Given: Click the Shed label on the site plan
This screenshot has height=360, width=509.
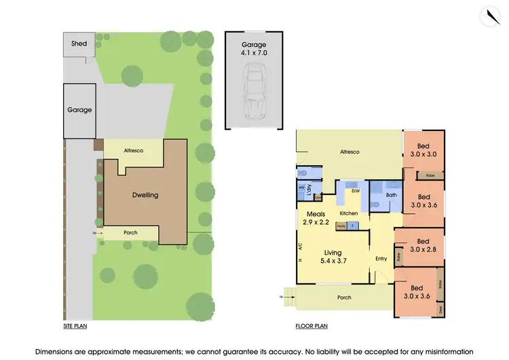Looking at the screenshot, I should click(79, 44).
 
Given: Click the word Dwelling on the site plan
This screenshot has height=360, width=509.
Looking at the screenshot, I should click(145, 195).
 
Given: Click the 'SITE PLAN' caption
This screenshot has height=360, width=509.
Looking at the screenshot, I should click(75, 326).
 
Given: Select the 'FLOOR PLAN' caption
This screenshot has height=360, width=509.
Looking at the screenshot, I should click(312, 326).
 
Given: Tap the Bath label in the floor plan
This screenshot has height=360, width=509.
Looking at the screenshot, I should click(391, 194).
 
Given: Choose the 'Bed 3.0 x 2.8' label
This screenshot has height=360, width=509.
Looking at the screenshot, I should click(423, 245).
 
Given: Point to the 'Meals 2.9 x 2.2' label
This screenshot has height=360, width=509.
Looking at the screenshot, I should click(316, 218).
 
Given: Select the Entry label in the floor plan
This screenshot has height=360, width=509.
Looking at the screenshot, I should click(381, 257).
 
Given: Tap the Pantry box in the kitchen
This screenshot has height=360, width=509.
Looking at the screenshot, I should click(341, 224).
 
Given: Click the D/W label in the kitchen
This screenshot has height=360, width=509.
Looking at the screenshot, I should click(354, 191).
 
